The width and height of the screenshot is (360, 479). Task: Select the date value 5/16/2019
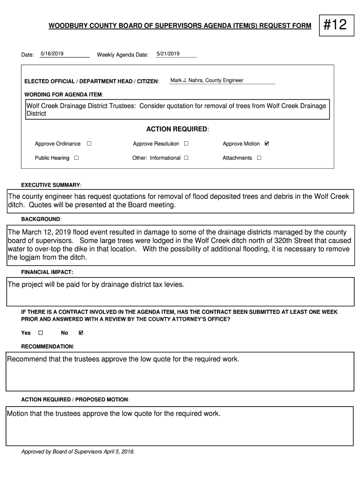(x=52, y=54)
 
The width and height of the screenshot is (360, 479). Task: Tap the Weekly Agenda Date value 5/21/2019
(x=168, y=54)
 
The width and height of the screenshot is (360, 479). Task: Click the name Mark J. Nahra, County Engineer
(x=207, y=80)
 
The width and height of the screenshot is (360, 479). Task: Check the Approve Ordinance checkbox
(x=89, y=144)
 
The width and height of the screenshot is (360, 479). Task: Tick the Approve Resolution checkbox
(x=186, y=144)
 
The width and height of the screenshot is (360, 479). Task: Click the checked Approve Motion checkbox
(x=267, y=144)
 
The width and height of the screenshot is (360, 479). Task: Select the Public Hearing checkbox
(x=76, y=158)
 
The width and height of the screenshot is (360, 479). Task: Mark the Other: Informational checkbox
(x=186, y=158)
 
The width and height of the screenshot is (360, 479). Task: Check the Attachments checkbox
(x=259, y=158)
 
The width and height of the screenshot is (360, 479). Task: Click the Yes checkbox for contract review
(x=40, y=333)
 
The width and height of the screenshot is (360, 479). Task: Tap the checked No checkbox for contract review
(x=81, y=333)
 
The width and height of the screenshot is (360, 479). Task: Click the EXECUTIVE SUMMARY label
(x=51, y=185)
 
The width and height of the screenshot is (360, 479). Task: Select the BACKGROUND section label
(x=41, y=219)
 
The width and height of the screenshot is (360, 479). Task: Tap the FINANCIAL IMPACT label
(x=47, y=272)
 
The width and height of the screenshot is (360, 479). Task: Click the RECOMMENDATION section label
(x=48, y=347)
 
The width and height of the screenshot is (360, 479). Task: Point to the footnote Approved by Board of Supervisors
(x=78, y=452)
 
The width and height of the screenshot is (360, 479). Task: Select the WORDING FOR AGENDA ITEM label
(x=64, y=94)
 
